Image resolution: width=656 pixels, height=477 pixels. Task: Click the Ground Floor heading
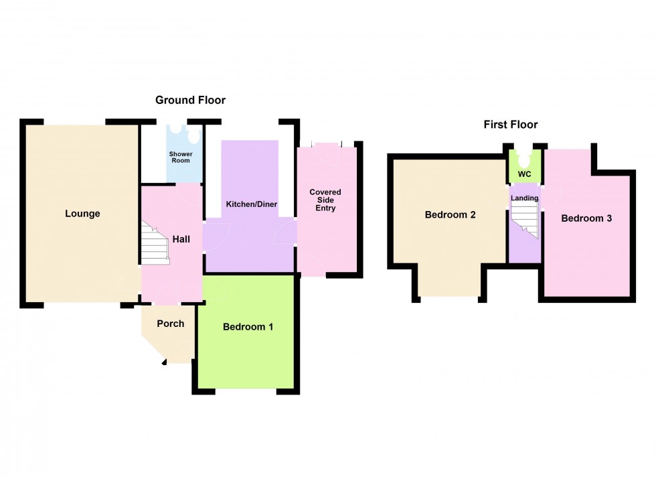pos(190,100)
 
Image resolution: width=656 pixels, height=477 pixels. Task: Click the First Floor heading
pos(511,125)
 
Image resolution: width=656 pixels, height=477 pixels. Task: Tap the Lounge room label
pos(82,214)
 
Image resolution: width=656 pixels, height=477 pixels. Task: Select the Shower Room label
pos(181,157)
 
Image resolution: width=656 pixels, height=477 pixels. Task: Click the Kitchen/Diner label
pos(251,204)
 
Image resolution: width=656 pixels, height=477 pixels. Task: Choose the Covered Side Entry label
pos(325,200)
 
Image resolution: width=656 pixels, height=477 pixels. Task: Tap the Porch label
pos(170,324)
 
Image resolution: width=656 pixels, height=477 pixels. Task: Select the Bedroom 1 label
pos(248,327)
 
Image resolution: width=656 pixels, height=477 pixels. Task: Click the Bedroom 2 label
pos(450,215)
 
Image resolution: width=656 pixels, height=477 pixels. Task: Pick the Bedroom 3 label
pos(586,218)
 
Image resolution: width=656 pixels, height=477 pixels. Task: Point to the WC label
pos(525,175)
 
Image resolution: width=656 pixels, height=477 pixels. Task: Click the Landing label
pos(524,198)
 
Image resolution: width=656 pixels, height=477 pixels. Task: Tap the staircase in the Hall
pos(154,243)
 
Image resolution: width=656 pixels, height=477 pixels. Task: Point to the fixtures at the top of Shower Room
pos(185,133)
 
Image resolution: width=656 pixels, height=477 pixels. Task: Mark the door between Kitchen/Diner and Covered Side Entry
pos(286,232)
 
